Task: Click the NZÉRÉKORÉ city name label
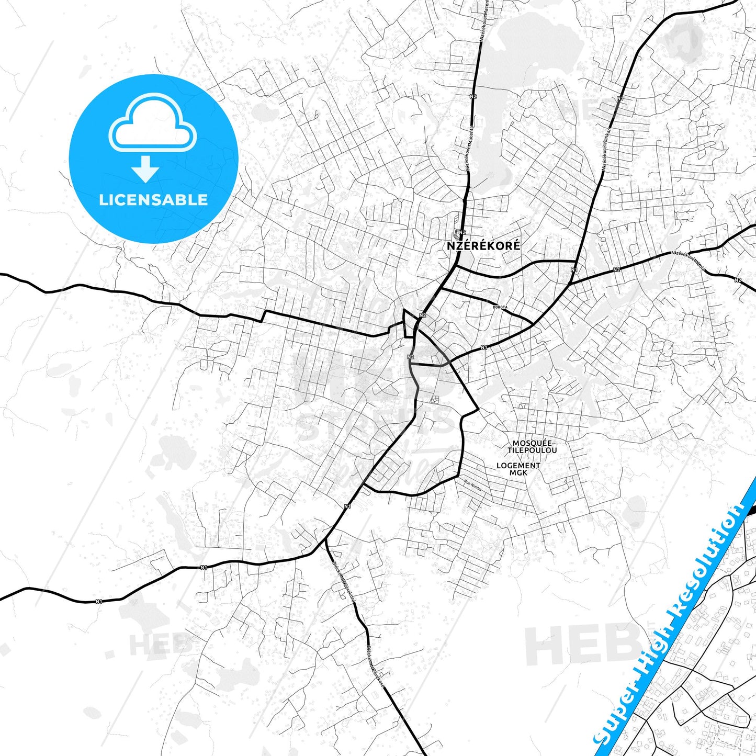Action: (483, 245)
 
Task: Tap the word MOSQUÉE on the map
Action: (532, 443)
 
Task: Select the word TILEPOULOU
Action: (532, 450)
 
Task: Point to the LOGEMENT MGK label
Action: (518, 469)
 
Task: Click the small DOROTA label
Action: (500, 307)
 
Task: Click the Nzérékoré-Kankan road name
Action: (607, 149)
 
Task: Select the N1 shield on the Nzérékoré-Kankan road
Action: (620, 98)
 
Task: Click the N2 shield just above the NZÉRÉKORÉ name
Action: (462, 232)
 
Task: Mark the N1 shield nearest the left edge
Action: (98, 602)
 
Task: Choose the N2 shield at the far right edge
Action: (738, 280)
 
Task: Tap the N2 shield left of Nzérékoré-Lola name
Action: (617, 269)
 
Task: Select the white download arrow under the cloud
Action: (146, 168)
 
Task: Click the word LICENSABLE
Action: (153, 199)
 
